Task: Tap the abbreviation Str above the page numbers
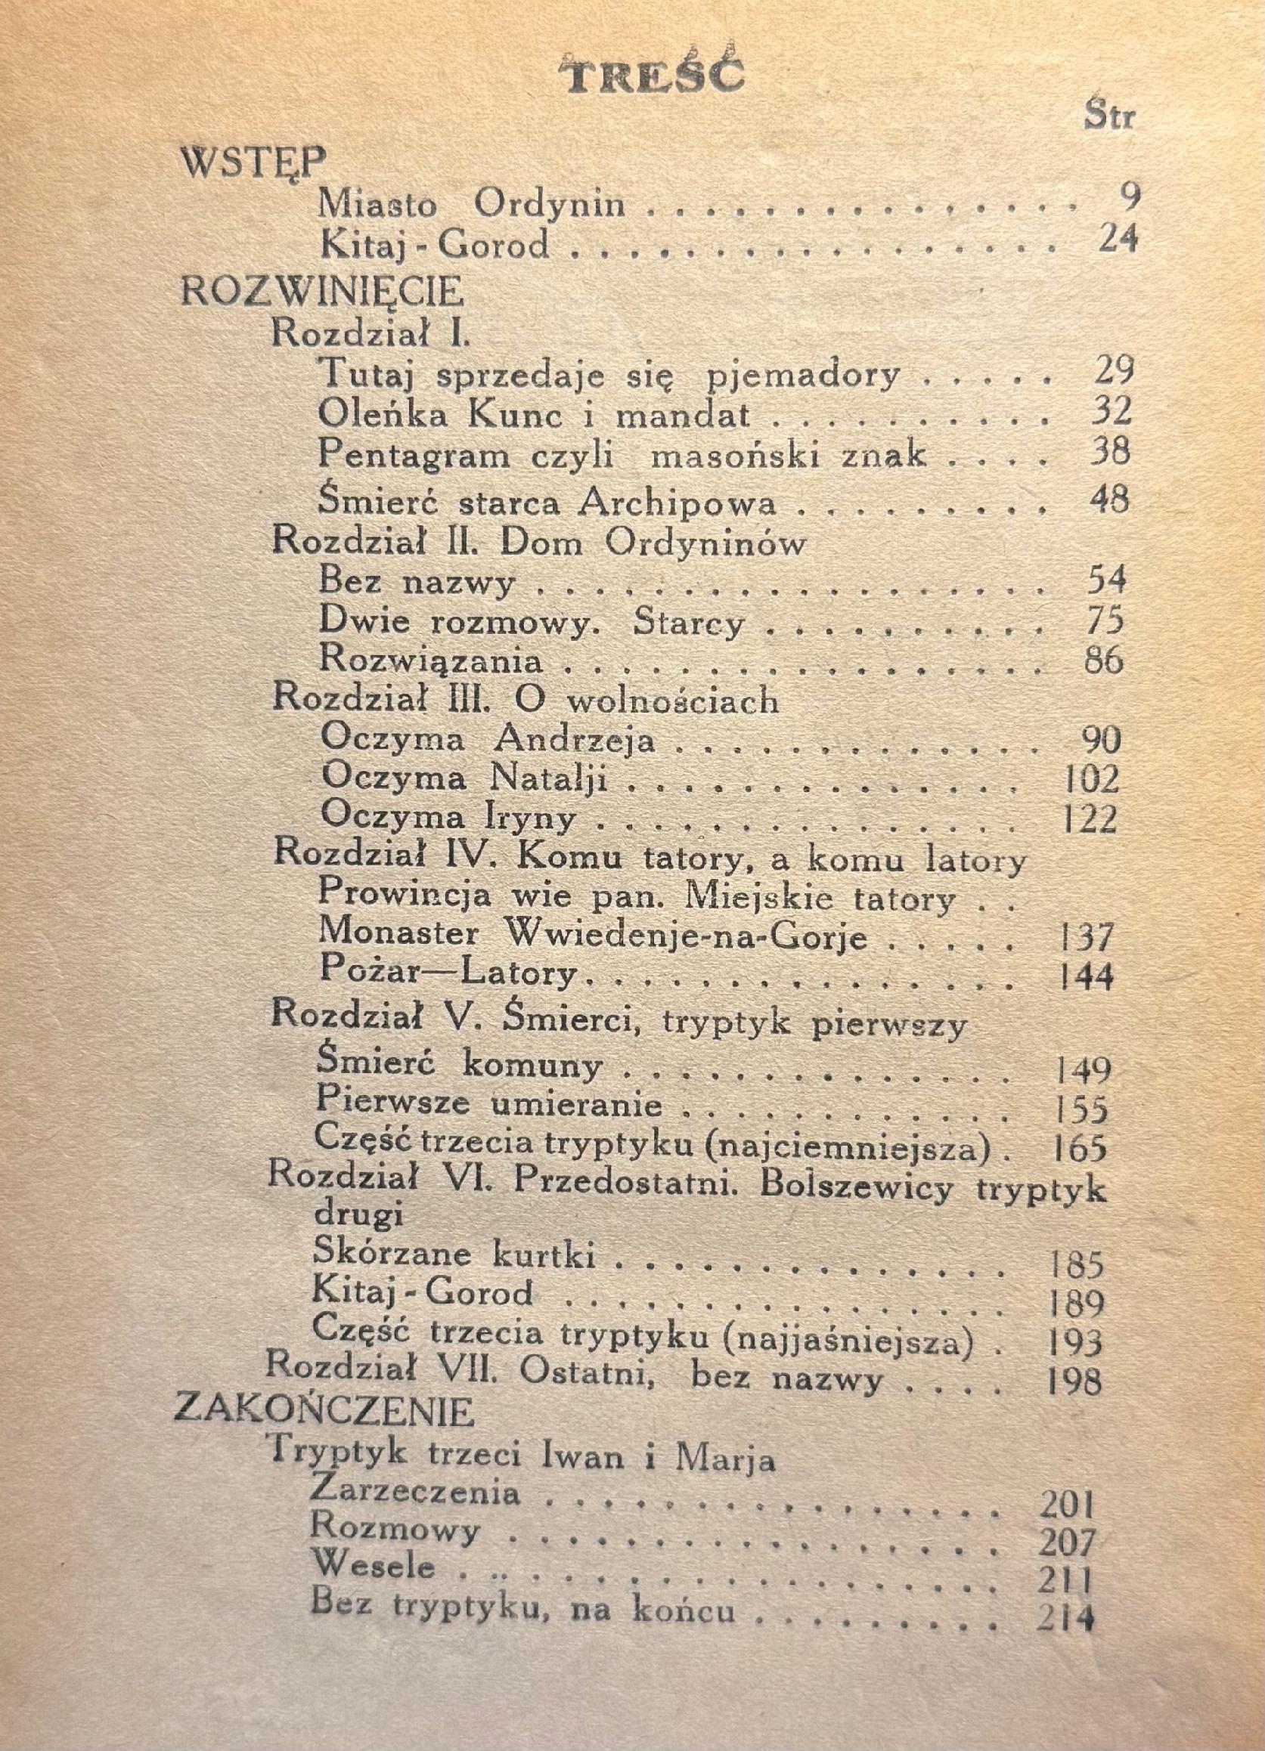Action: pyautogui.click(x=1110, y=117)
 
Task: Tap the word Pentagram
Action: pyautogui.click(x=414, y=455)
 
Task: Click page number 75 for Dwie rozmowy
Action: pyautogui.click(x=1107, y=622)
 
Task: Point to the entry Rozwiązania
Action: pyautogui.click(x=430, y=660)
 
